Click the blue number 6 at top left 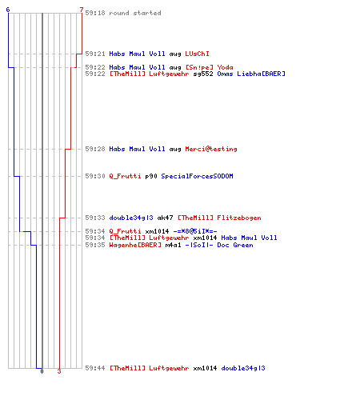click(x=8, y=10)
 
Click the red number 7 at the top click(x=82, y=10)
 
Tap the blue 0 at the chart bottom click(x=42, y=371)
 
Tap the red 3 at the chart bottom click(x=59, y=371)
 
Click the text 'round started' click(x=135, y=13)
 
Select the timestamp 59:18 click(x=95, y=13)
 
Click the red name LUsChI click(x=197, y=54)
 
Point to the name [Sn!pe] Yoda click(x=209, y=67)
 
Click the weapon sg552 click(x=203, y=74)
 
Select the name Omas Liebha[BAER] click(x=251, y=74)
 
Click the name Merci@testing click(x=211, y=149)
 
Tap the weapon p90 click(x=151, y=176)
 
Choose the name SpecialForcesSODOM click(x=197, y=176)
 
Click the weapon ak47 click(x=165, y=218)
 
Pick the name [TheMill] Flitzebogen click(x=219, y=218)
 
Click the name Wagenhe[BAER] click(x=135, y=245)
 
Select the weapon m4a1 click(x=173, y=245)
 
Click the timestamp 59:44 click(x=95, y=368)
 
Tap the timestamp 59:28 click(x=95, y=149)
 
